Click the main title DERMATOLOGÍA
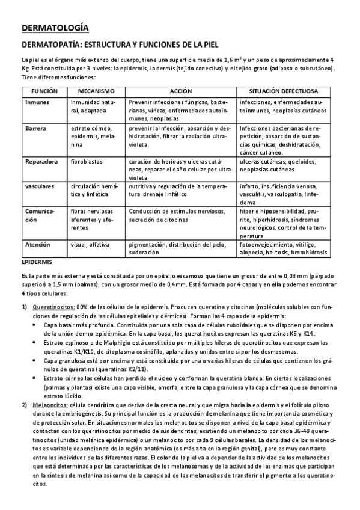pos(55,28)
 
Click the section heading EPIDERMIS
pos(37,262)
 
